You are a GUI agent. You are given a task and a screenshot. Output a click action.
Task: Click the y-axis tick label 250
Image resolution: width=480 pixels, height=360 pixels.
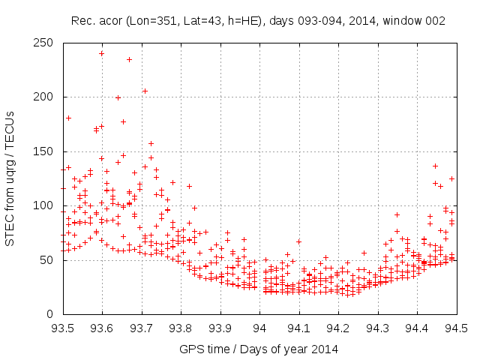coord(46,43)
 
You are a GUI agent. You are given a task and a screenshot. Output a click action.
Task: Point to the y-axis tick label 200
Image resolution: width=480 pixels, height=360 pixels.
coord(46,97)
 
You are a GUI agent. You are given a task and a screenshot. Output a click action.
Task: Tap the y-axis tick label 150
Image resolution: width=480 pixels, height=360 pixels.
coord(46,151)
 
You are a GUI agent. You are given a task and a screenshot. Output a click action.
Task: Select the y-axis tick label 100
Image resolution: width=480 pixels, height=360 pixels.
coord(46,205)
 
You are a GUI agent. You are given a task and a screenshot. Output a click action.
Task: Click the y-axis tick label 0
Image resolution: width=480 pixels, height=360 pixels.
coord(52,314)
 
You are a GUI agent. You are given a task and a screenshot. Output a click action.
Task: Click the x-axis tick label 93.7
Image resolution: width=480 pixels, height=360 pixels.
coord(141,328)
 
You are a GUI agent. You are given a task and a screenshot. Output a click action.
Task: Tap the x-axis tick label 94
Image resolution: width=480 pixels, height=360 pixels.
coord(259,328)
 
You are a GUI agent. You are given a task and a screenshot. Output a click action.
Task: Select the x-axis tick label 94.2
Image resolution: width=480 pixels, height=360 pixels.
coord(338,328)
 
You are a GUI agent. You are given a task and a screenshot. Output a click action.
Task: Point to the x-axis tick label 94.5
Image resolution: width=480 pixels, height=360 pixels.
coord(457,328)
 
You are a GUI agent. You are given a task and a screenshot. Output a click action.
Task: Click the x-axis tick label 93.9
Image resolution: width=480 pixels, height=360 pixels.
coord(220,328)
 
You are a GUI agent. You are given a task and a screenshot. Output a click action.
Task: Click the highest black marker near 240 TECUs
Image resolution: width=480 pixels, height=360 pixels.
coord(101,53)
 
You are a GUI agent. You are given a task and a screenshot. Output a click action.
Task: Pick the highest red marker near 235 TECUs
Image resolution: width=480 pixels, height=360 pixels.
coord(129,59)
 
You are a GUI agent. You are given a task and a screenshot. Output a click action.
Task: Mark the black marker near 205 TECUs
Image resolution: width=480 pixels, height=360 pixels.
coord(145,91)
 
